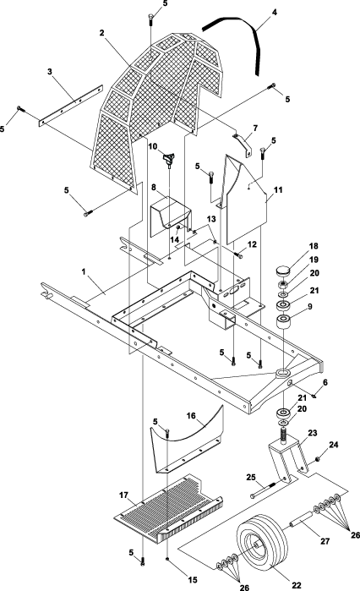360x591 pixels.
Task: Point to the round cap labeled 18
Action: click(x=284, y=271)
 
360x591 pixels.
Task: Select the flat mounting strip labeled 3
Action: click(x=71, y=105)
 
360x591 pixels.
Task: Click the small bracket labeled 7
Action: click(x=243, y=145)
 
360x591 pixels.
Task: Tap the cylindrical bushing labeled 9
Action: click(x=283, y=322)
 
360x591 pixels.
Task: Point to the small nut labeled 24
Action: click(x=317, y=459)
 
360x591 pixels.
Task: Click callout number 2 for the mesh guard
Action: click(x=101, y=33)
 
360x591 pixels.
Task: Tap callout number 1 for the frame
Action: click(x=84, y=271)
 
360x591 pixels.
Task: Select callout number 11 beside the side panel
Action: click(x=278, y=189)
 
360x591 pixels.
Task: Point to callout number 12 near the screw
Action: click(x=252, y=244)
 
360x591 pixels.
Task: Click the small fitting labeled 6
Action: click(x=314, y=396)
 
